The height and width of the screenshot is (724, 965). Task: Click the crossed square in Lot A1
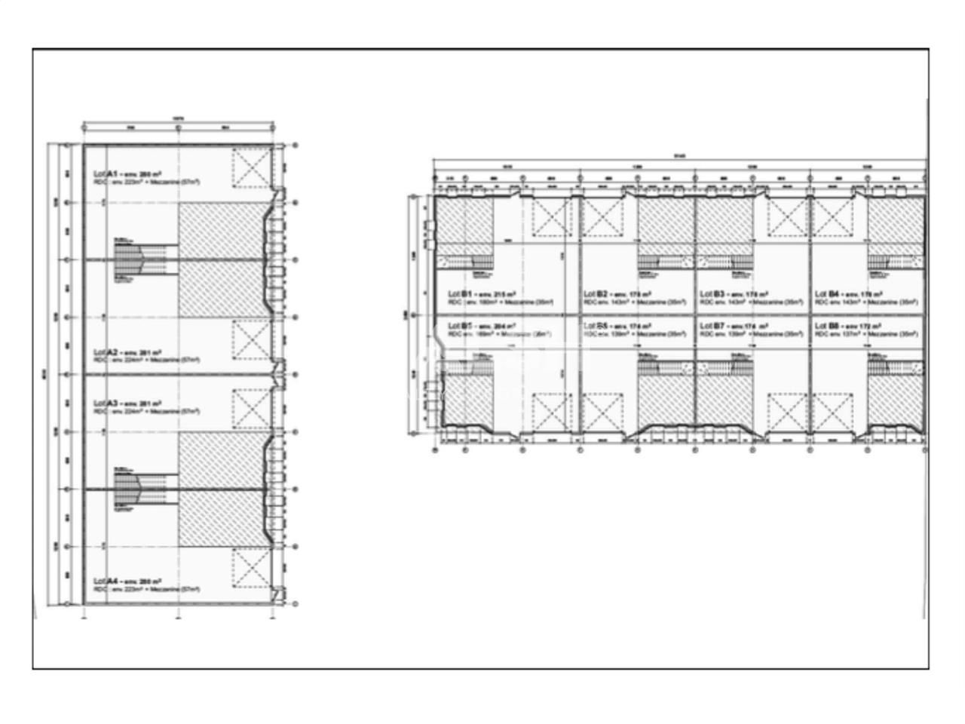coord(250,167)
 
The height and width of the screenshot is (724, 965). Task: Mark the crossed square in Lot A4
coord(250,568)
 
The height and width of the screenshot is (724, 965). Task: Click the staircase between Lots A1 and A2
coord(139,260)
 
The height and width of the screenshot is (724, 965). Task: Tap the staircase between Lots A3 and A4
coord(139,489)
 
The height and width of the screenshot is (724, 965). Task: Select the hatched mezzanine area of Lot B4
coord(896,220)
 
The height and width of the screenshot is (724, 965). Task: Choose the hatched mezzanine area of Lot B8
coord(896,401)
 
